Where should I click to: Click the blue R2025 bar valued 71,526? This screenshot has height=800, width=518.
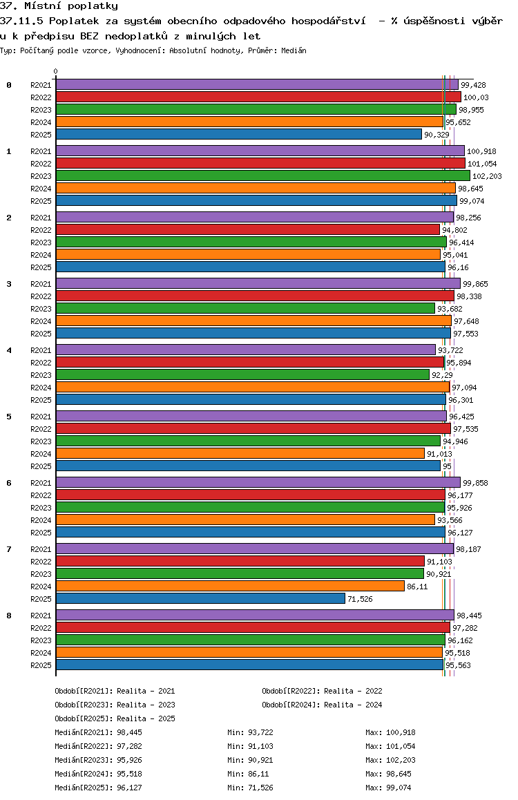coord(200,598)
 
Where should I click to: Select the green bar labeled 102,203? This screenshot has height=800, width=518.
coord(262,175)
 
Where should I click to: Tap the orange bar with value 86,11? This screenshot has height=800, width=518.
coord(230,586)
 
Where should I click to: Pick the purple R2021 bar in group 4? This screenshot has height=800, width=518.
coord(245,350)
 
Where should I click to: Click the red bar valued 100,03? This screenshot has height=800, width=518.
coord(258,97)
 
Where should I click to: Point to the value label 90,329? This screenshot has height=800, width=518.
coord(437,135)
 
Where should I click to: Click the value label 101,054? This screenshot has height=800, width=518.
coord(481,164)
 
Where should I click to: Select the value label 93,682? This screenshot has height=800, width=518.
coord(449,309)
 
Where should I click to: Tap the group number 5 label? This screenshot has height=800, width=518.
coord(9,417)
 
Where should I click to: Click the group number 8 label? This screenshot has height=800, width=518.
coord(9,616)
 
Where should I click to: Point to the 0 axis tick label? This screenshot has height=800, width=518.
coord(56,71)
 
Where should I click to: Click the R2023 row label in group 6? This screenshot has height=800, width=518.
coord(41,508)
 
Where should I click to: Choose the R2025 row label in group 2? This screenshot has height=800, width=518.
coord(41,267)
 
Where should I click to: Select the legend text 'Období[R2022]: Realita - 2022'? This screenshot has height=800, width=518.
coord(322,691)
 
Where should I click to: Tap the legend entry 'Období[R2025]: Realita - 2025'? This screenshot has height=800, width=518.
coord(115,718)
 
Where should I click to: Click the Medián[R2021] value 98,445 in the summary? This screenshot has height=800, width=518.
coord(131,732)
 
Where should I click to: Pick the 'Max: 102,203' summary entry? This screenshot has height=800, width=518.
coord(390,760)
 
